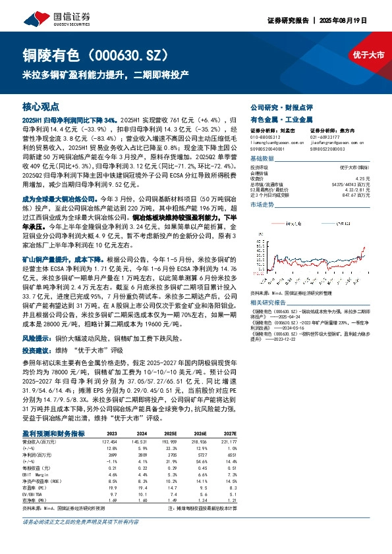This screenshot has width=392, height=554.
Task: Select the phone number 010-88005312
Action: [266, 137]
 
